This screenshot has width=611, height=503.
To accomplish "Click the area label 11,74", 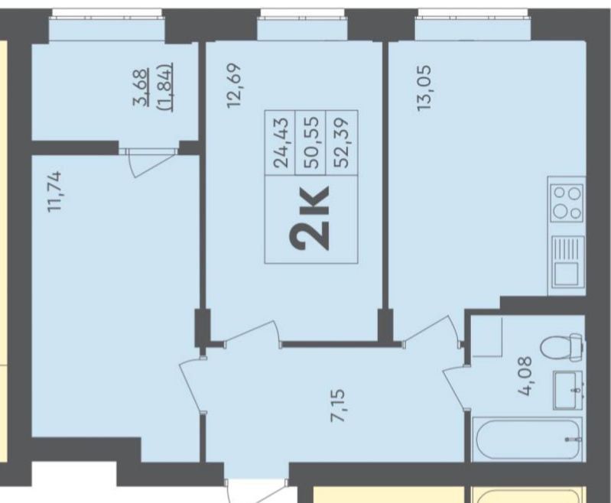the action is [x=54, y=192].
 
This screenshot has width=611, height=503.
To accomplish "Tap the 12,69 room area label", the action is [x=235, y=86].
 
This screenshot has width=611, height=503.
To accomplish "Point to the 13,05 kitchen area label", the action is [x=424, y=88].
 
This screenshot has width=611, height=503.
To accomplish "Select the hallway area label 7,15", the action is [x=337, y=406].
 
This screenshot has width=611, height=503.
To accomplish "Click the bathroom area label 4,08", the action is [x=525, y=376].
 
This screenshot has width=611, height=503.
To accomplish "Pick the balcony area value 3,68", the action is [x=141, y=87].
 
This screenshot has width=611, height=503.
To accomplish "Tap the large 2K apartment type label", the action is [x=310, y=217].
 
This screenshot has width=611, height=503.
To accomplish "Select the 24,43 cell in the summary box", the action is [x=281, y=143].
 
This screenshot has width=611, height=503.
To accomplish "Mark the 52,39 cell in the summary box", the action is [x=342, y=143].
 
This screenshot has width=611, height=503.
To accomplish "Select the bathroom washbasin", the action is [x=567, y=390].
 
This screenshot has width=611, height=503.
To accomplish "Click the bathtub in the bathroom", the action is [x=527, y=439].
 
